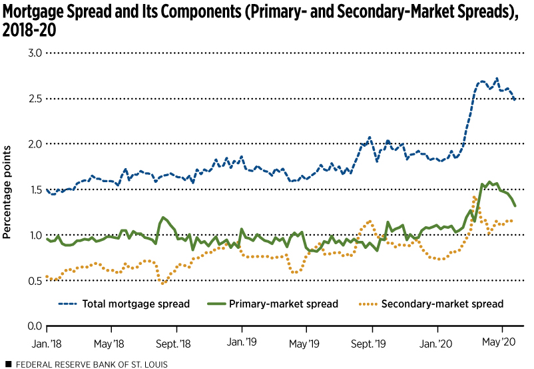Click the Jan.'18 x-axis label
pyautogui.click(x=47, y=343)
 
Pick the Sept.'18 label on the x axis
pyautogui.click(x=176, y=343)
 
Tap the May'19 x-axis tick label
pyautogui.click(x=306, y=343)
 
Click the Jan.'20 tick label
pyautogui.click(x=437, y=343)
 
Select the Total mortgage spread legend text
pyautogui.click(x=136, y=304)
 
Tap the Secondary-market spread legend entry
pyautogui.click(x=442, y=304)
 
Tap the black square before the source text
pyautogui.click(x=7, y=364)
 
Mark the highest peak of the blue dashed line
pyautogui.click(x=497, y=78)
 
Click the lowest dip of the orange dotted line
pyautogui.click(x=162, y=284)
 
